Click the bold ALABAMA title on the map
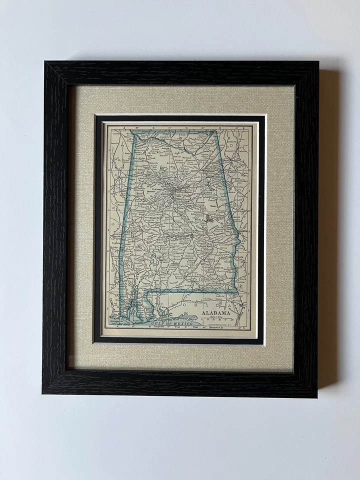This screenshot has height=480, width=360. pyautogui.click(x=216, y=313)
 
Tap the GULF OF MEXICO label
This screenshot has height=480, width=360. pyautogui.click(x=170, y=323)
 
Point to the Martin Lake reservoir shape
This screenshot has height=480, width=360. pyautogui.click(x=209, y=218)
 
